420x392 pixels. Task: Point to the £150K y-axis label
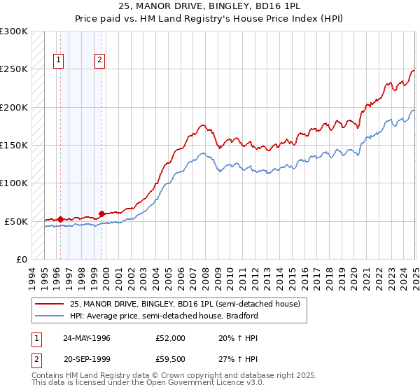click(x=14, y=146)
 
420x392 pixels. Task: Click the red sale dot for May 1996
click(x=60, y=219)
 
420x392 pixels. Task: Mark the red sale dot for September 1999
click(x=102, y=213)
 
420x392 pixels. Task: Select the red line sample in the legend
click(x=50, y=304)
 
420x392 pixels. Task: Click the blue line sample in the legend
click(x=50, y=316)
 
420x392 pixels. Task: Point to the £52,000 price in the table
click(x=171, y=338)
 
